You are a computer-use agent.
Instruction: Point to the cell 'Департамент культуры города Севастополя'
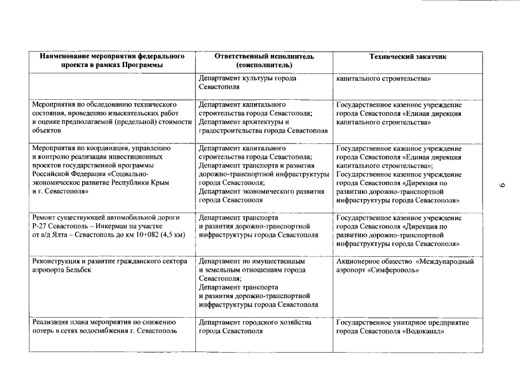point(247,83)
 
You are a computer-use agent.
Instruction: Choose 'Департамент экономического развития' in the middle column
point(264,192)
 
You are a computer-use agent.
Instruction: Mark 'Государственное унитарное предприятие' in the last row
point(402,323)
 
